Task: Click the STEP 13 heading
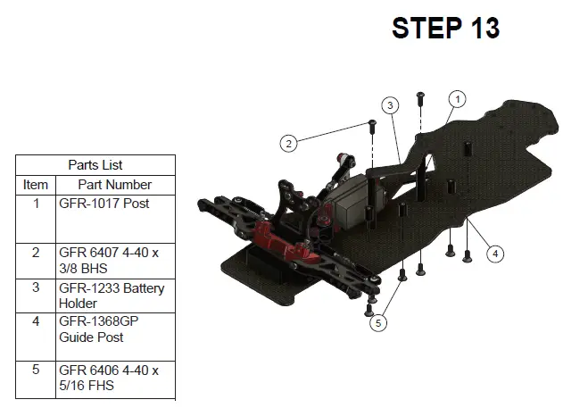pos(445,28)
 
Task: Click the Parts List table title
pos(95,165)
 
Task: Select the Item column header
pos(36,185)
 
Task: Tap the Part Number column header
pos(115,185)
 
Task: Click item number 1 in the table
pos(36,204)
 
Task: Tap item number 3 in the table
pos(36,288)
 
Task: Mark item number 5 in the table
pos(36,370)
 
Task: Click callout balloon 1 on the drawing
pos(457,99)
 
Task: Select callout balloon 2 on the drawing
pos(287,143)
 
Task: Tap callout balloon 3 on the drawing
pos(389,105)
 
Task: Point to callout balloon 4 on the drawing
pos(495,254)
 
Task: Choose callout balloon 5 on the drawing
pos(379,322)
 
